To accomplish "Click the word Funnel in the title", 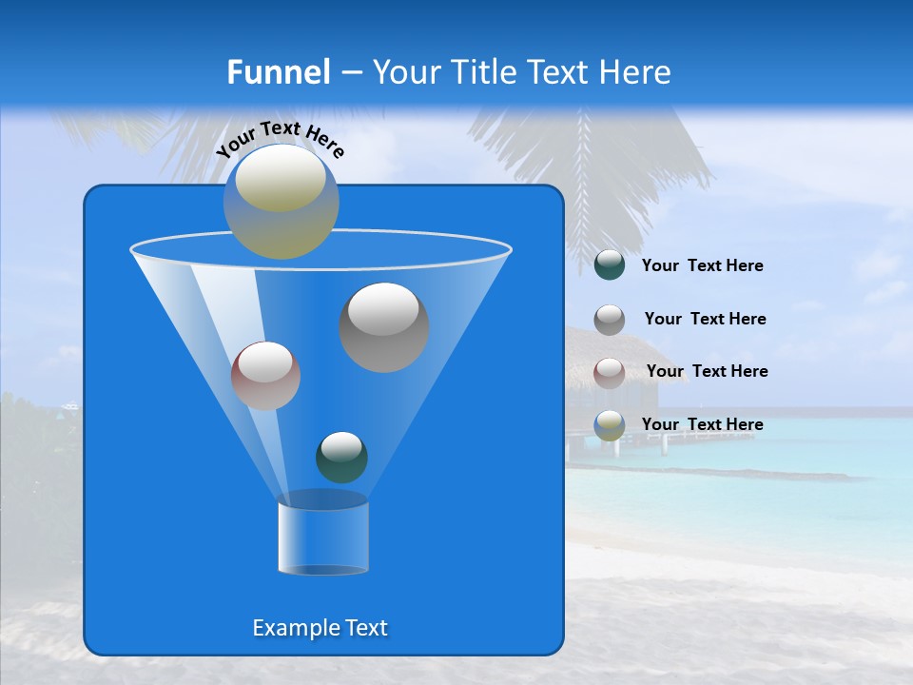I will pyautogui.click(x=278, y=72).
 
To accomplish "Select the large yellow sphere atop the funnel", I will pyautogui.click(x=282, y=202).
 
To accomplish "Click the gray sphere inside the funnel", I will pyautogui.click(x=384, y=327).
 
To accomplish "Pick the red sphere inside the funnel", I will pyautogui.click(x=266, y=376).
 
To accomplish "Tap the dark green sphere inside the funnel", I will pyautogui.click(x=341, y=457).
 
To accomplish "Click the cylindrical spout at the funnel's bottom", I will pyautogui.click(x=322, y=535).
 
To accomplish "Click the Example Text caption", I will pyautogui.click(x=320, y=628).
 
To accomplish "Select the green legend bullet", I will pyautogui.click(x=610, y=265).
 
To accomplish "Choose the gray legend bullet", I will pyautogui.click(x=610, y=320).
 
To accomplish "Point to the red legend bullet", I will pyautogui.click(x=610, y=372).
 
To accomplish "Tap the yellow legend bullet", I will pyautogui.click(x=610, y=425).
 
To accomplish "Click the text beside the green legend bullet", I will pyautogui.click(x=702, y=266).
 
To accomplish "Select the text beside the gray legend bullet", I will pyautogui.click(x=705, y=319).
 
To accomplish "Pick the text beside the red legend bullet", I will pyautogui.click(x=707, y=371).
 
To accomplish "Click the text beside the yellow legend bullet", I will pyautogui.click(x=702, y=424).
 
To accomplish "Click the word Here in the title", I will pyautogui.click(x=636, y=72).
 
